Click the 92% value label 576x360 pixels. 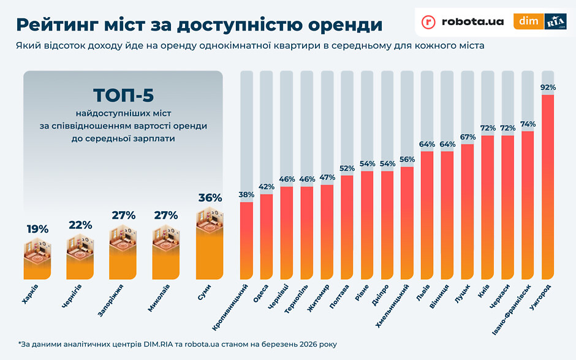click(548, 88)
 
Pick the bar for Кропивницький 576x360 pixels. click(246, 239)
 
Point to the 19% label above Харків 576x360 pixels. click(37, 229)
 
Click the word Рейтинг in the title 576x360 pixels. click(60, 24)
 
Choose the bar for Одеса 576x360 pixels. click(267, 236)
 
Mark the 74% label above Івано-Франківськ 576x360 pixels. click(528, 124)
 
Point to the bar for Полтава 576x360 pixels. click(347, 227)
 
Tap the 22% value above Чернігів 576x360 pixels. click(80, 225)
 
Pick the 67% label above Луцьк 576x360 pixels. click(468, 137)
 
